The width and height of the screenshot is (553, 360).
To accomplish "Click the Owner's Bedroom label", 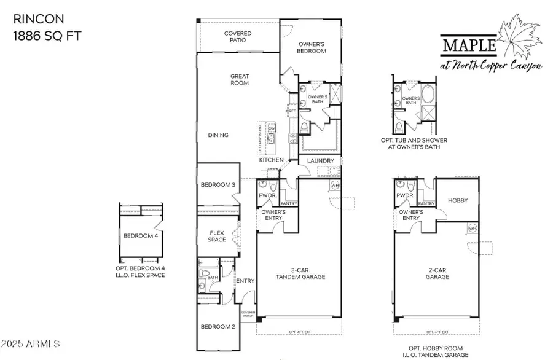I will [312, 48].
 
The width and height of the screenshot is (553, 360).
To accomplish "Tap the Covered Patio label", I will [237, 37].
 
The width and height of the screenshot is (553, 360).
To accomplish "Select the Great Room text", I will [239, 80].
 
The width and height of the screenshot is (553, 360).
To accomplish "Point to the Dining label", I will [218, 135].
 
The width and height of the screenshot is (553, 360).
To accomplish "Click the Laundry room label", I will [321, 161].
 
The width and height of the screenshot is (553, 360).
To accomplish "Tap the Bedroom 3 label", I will [218, 185].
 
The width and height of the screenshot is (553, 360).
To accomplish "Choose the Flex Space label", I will [217, 236].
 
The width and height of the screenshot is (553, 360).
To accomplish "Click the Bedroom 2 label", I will [218, 326].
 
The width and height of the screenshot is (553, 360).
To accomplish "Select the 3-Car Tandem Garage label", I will [300, 273].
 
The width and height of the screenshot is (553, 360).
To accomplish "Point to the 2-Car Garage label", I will [439, 273].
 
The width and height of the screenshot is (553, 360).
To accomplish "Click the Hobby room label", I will [457, 200].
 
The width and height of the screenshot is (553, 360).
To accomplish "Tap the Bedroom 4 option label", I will [140, 236].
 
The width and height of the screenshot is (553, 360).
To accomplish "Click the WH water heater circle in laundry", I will [335, 184].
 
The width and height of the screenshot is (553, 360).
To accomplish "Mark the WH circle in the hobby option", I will [472, 228].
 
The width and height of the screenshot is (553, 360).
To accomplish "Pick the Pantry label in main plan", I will [289, 203].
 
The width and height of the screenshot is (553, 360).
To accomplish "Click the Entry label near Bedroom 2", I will [245, 281].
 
